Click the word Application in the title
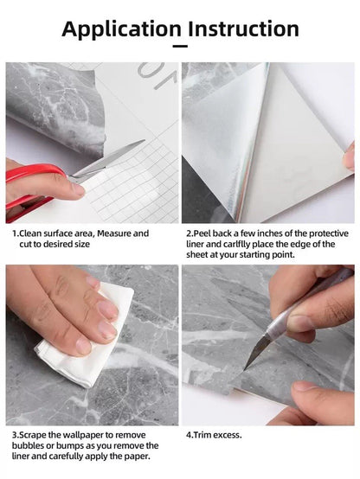coord(122,29)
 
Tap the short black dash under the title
coord(180,47)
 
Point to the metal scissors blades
coord(108,161)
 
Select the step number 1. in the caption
coord(16,233)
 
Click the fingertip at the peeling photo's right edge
coord(349,157)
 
